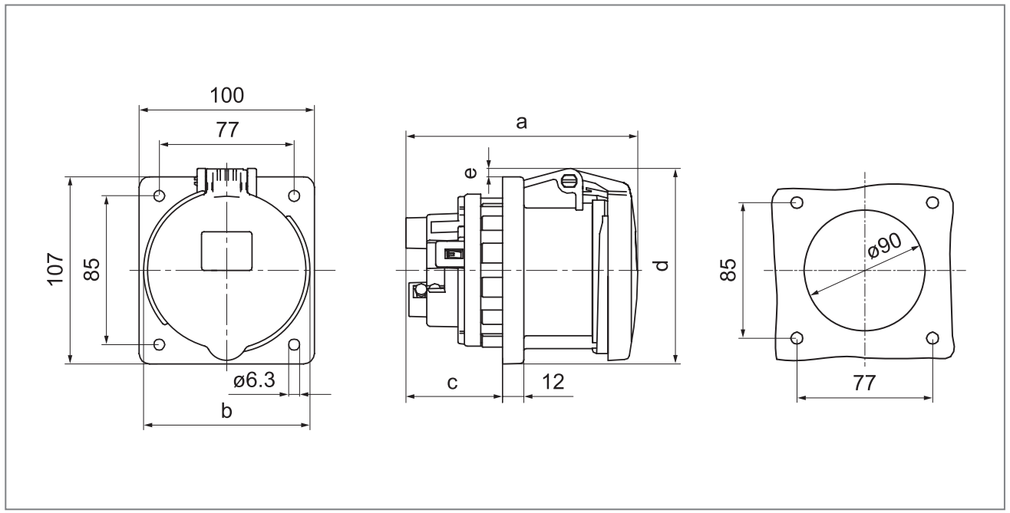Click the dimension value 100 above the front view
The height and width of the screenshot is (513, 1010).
pos(226,96)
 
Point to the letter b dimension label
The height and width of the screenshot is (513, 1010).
pos(226,412)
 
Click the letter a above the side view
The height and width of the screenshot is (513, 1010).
pos(522,122)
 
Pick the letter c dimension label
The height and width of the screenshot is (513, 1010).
pos(453,383)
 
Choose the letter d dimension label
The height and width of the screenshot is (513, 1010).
pos(663,265)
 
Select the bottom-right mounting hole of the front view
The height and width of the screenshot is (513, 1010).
pos(294,344)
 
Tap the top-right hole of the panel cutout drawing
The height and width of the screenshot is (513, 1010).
pos(932,202)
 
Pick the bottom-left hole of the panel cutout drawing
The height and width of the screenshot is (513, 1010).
pos(797,338)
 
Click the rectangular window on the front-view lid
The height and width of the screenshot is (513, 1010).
pos(226,251)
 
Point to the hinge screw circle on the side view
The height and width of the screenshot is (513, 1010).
pos(569,182)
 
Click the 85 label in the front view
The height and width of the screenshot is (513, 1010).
pos(92,269)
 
